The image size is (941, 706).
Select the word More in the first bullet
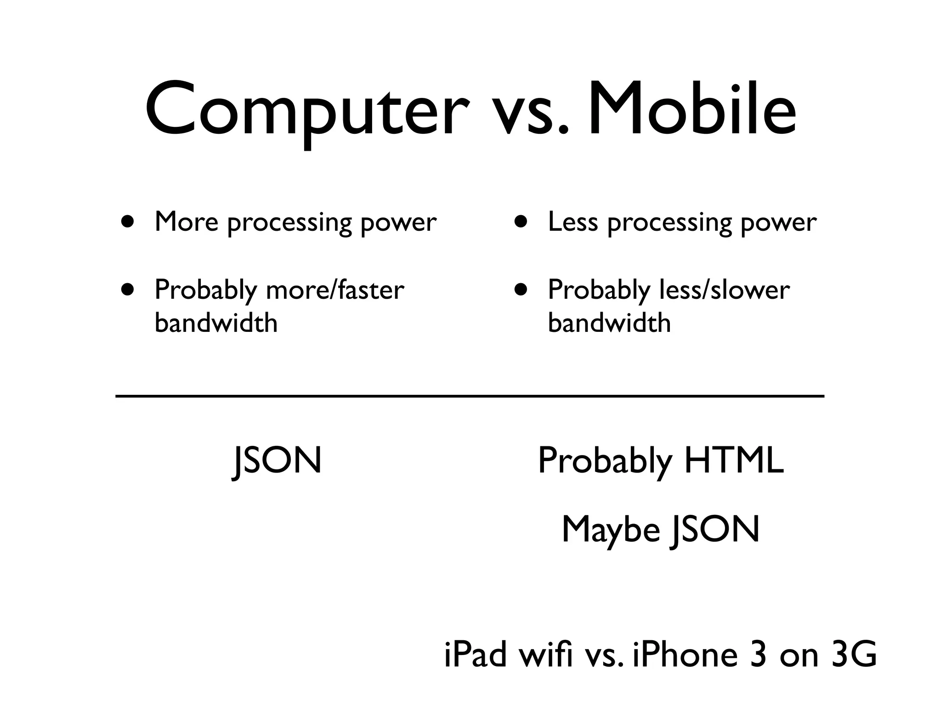point(186,222)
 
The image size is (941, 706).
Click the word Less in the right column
point(573,222)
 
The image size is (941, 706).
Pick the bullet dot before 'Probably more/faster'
point(128,290)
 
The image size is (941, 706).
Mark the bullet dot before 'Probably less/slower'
point(521,290)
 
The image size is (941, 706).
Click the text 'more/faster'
point(335,290)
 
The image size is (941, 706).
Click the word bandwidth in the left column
point(216,323)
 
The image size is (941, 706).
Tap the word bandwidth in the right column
point(609,323)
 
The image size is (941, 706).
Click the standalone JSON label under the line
point(277,461)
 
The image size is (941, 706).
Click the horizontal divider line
point(470,396)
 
